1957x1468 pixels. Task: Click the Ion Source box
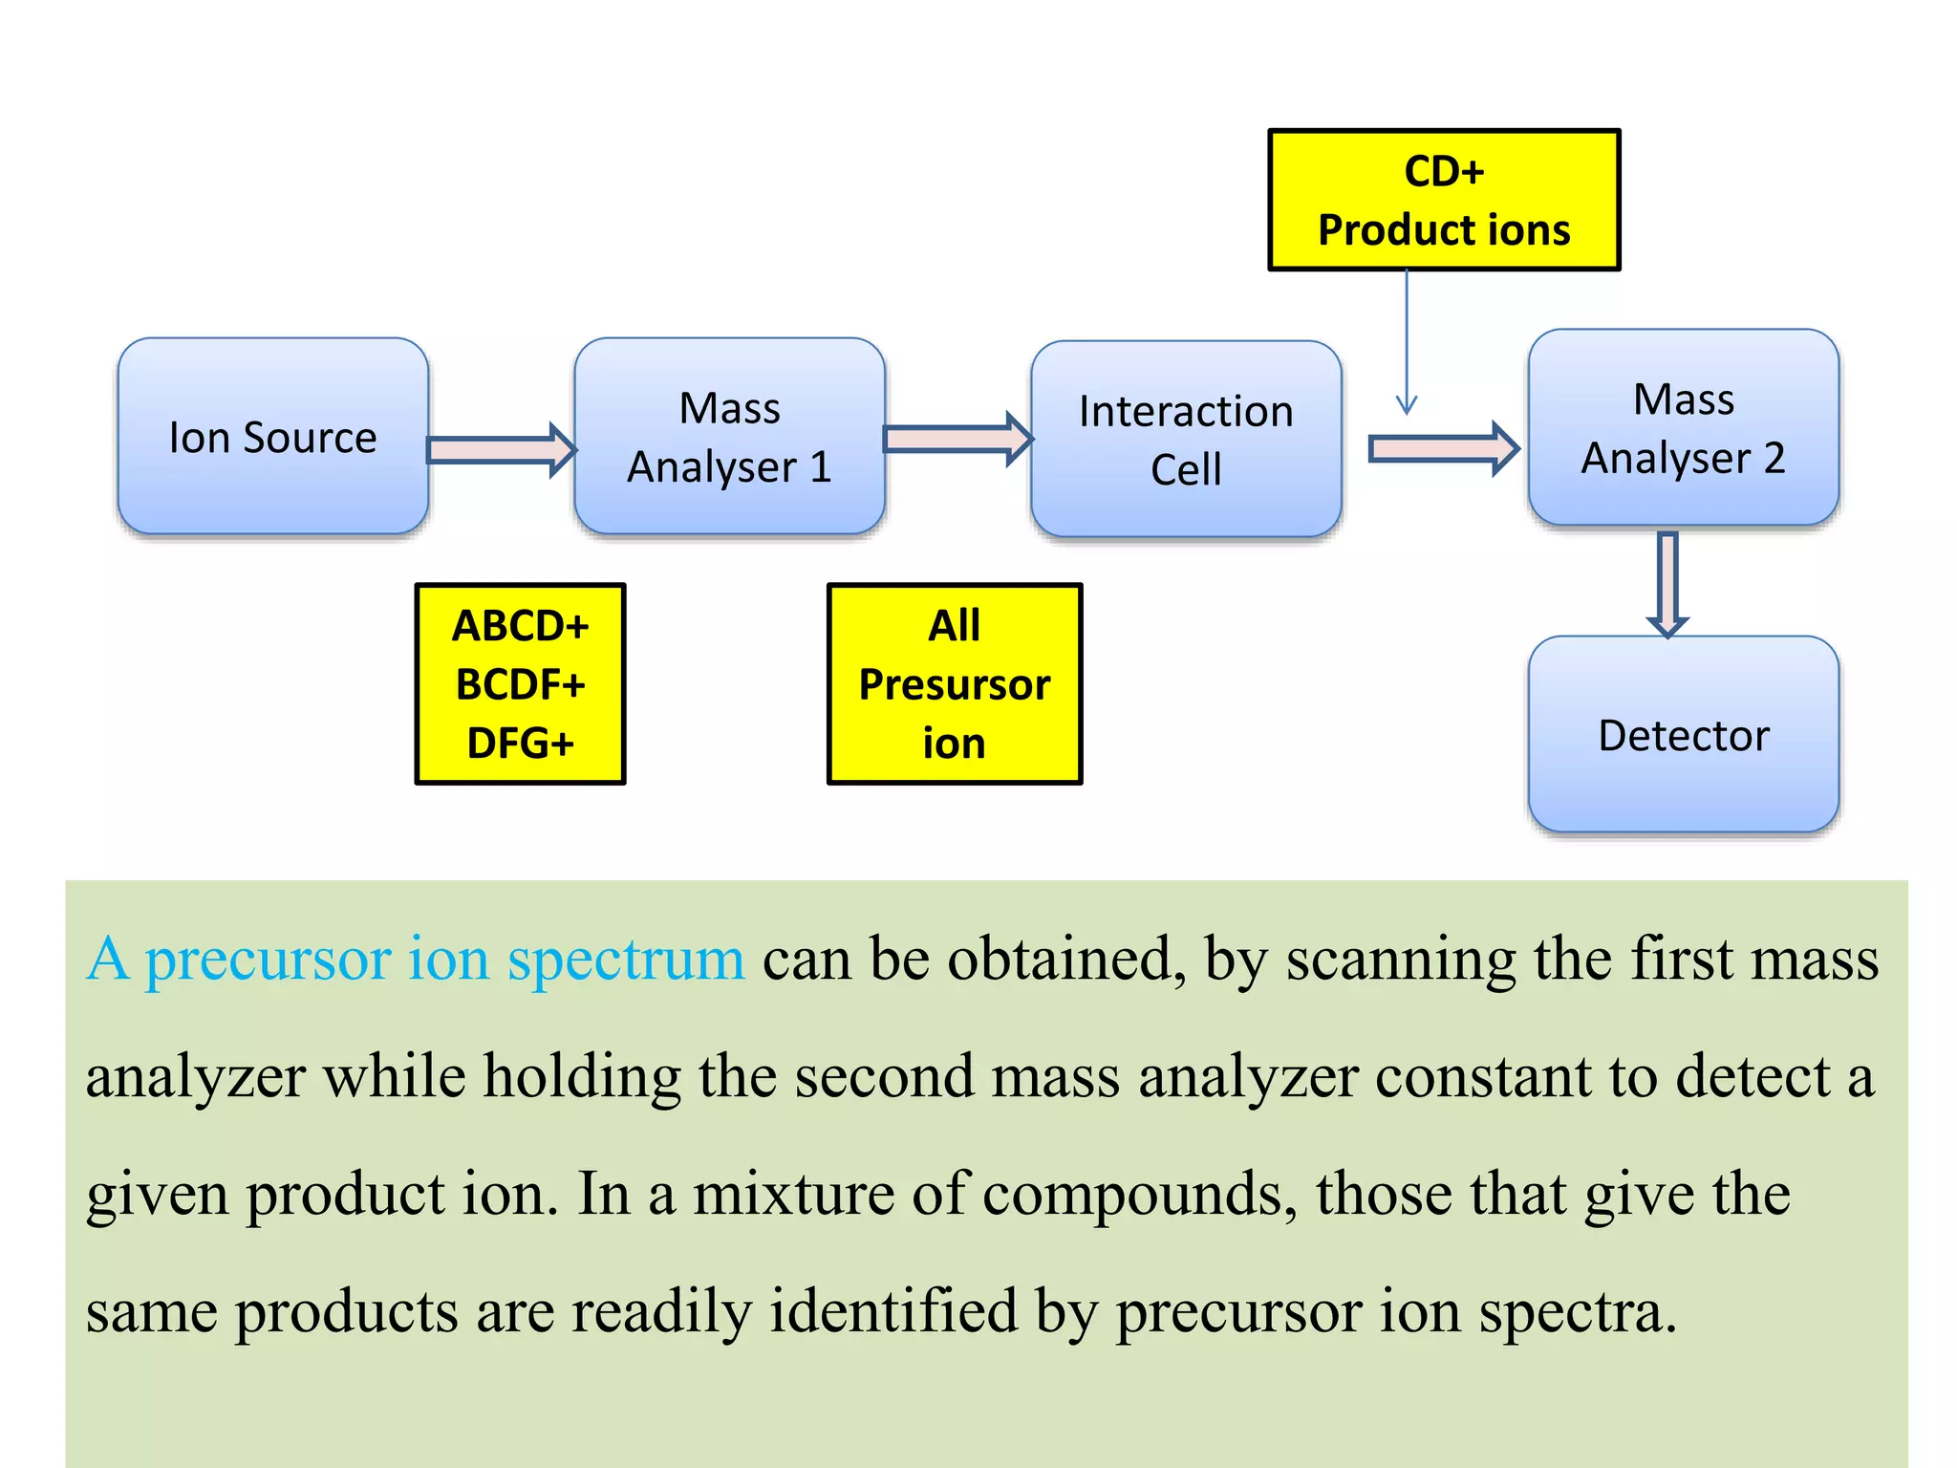pyautogui.click(x=272, y=436)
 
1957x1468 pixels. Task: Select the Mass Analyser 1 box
pyautogui.click(x=729, y=436)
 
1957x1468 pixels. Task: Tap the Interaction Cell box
pyautogui.click(x=1186, y=439)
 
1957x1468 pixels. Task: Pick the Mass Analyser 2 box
pyautogui.click(x=1683, y=427)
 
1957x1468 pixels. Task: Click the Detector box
pyautogui.click(x=1683, y=734)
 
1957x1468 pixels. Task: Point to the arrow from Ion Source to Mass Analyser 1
pyautogui.click(x=500, y=449)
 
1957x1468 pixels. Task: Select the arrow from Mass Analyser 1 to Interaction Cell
pyautogui.click(x=957, y=439)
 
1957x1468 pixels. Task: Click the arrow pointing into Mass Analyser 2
pyautogui.click(x=1442, y=448)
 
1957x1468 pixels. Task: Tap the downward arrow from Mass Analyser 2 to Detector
pyautogui.click(x=1667, y=583)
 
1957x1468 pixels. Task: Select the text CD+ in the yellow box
pyautogui.click(x=1444, y=172)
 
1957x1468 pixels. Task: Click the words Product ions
pyautogui.click(x=1444, y=230)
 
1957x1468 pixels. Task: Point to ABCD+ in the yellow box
pyautogui.click(x=520, y=626)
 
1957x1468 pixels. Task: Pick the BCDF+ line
pyautogui.click(x=520, y=684)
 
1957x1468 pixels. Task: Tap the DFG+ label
pyautogui.click(x=520, y=743)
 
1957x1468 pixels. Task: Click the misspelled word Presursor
pyautogui.click(x=954, y=684)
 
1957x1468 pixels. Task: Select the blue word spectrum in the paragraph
pyautogui.click(x=625, y=960)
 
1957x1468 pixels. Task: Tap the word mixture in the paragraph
pyautogui.click(x=792, y=1194)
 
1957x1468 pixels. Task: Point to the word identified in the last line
pyautogui.click(x=892, y=1311)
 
